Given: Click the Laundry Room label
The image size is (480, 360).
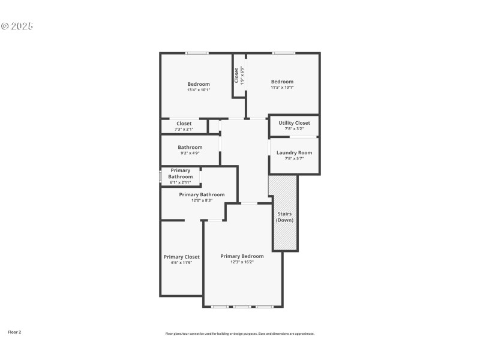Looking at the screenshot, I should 294,152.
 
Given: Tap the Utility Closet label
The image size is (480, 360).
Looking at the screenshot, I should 294,123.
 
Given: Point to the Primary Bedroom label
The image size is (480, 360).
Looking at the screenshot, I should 242,256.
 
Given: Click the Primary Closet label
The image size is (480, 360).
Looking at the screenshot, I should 182,257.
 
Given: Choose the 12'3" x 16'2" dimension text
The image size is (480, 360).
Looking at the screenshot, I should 242,262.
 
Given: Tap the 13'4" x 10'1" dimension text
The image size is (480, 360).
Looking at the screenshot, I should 199,89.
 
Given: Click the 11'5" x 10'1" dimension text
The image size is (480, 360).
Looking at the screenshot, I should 282,88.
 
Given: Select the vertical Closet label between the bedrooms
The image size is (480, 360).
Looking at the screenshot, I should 236,74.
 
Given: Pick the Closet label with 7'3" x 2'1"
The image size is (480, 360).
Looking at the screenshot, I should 184,124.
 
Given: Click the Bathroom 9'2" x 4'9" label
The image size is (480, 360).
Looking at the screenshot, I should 190,147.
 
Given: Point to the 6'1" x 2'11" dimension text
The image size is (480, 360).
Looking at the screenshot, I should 180,182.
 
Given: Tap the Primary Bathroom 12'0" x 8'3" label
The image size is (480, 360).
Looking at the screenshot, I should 202,194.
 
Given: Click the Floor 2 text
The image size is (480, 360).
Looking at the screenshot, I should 14,332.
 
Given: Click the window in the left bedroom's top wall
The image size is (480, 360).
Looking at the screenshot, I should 197,53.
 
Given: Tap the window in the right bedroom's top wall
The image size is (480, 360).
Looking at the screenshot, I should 283,53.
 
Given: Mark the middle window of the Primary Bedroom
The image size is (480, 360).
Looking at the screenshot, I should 242,307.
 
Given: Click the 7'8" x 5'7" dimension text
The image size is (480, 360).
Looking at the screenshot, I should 294,158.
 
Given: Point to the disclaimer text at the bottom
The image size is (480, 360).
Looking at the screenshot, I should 240,334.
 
